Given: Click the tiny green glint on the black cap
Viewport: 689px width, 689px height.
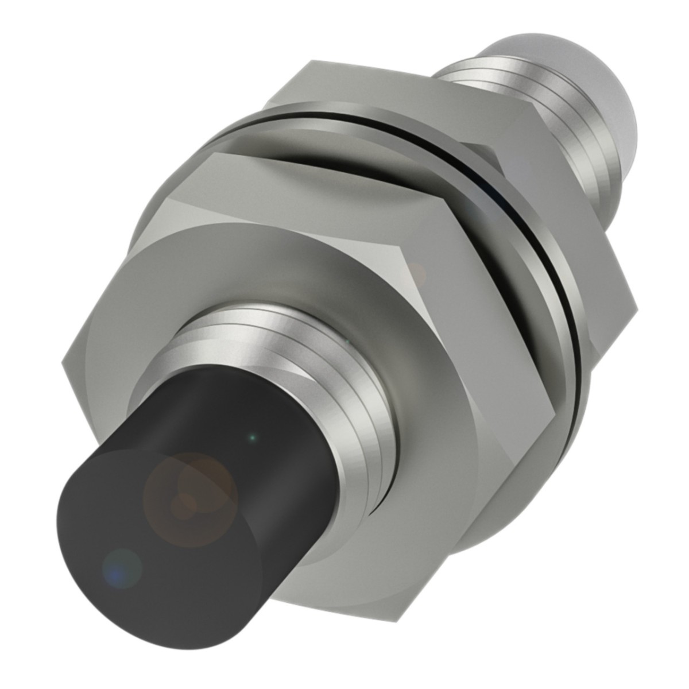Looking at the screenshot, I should (251, 438).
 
